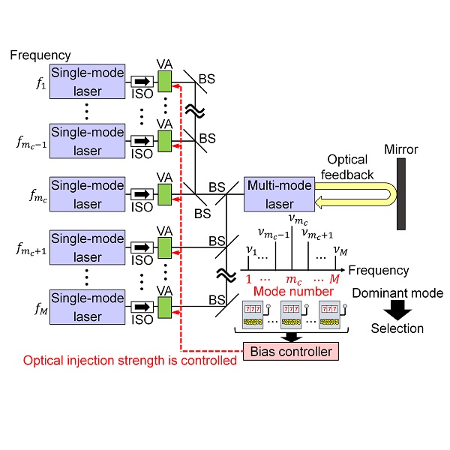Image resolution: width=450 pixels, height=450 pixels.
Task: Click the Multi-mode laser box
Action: tap(279, 193)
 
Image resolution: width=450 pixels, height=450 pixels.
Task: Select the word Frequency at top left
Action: tap(40, 55)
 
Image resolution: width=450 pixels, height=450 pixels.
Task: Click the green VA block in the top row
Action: tap(165, 80)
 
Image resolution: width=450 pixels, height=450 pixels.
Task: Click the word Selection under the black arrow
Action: tap(399, 328)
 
